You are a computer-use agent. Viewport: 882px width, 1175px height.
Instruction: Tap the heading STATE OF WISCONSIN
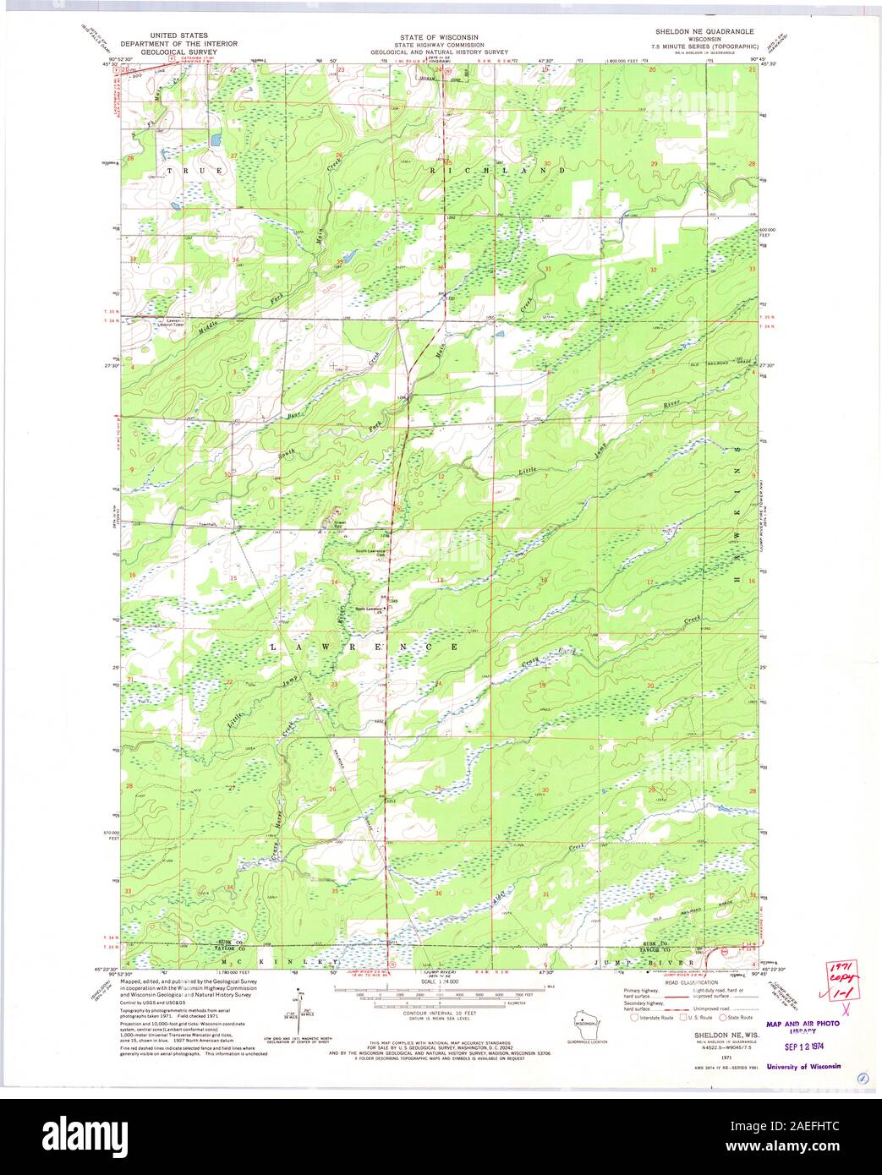(439, 37)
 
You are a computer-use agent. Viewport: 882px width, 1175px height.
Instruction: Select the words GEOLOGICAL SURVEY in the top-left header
(178, 52)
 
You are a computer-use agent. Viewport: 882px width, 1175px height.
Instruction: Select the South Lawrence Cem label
(370, 552)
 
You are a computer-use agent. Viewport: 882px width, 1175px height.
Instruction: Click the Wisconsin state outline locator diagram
(583, 1020)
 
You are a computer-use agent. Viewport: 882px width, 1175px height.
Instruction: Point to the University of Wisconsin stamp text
(803, 1067)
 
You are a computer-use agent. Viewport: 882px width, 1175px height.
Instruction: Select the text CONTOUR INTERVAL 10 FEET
(439, 1012)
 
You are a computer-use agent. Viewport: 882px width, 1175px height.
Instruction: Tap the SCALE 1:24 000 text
(439, 981)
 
